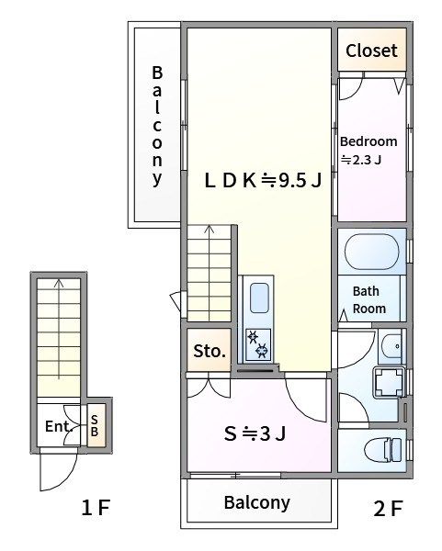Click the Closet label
(371, 51)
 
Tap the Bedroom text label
(368, 141)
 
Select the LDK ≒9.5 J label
(263, 181)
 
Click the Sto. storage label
(210, 351)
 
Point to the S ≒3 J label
(255, 433)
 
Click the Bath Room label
(369, 299)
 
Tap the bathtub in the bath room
(371, 252)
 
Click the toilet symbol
(382, 450)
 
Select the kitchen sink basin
(259, 298)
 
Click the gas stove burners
(258, 344)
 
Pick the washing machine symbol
(389, 382)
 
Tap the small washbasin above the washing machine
(391, 346)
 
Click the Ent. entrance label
(59, 427)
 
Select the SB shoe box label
(95, 425)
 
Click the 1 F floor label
(96, 508)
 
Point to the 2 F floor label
(388, 508)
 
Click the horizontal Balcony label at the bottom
(257, 502)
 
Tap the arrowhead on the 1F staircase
(59, 282)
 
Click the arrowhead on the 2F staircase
(210, 229)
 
